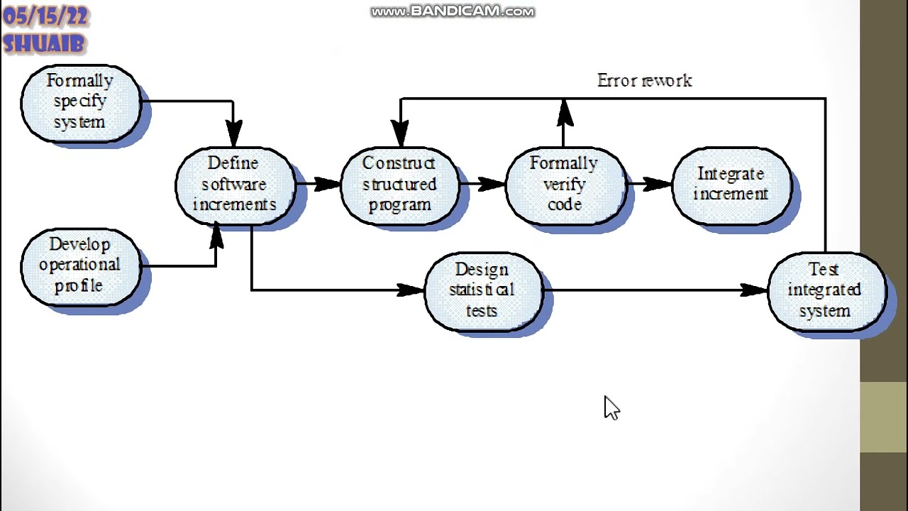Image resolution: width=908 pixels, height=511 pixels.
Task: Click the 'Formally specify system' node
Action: coord(80,102)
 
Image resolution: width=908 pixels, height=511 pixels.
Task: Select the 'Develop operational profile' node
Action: coord(80,265)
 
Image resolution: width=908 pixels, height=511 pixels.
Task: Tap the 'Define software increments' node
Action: coord(235,185)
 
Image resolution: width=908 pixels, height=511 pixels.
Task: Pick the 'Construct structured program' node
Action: coord(400,185)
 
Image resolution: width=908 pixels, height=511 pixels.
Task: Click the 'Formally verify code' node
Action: coord(565,185)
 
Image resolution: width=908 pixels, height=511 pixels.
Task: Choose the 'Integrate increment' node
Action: coord(731,185)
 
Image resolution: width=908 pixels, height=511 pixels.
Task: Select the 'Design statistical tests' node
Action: coord(482,290)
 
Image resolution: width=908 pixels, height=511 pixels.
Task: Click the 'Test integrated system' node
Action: coord(825,290)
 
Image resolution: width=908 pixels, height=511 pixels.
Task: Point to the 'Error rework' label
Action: coord(644,81)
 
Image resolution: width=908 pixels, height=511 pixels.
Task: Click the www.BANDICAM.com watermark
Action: coord(453,11)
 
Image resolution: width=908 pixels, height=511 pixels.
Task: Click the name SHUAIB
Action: coord(44,44)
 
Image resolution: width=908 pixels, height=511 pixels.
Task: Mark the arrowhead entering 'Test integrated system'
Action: coord(753,290)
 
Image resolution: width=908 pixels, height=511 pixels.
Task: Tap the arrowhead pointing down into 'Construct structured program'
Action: coord(400,133)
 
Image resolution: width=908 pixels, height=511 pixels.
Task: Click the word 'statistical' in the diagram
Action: coord(482,290)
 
